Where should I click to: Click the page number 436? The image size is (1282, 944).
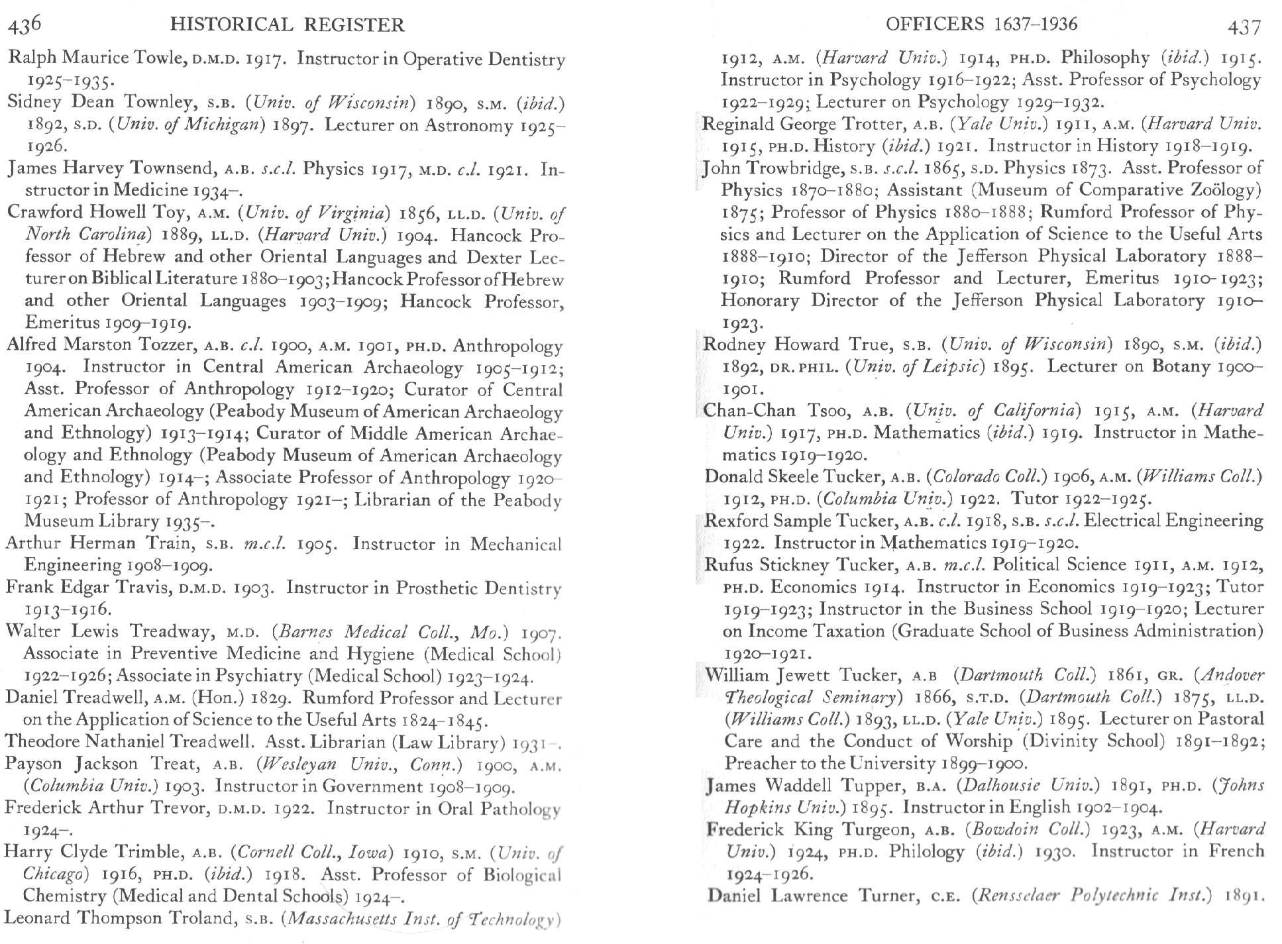[25, 25]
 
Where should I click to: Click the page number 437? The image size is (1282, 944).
[1243, 26]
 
